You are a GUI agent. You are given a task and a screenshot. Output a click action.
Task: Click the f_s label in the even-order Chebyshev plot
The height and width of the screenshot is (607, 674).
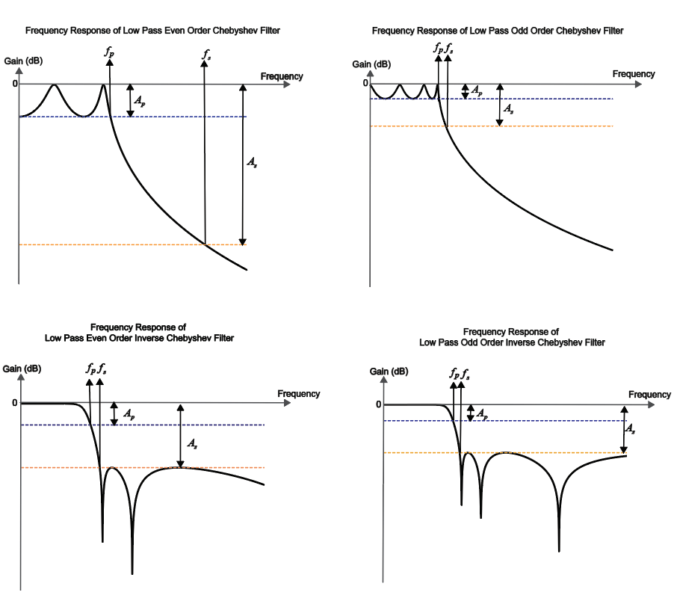tap(206, 54)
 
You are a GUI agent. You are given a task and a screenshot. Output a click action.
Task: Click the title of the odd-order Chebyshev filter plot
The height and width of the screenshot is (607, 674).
tap(497, 31)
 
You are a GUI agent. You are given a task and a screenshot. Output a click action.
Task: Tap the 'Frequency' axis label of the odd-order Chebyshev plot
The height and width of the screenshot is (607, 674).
tap(634, 74)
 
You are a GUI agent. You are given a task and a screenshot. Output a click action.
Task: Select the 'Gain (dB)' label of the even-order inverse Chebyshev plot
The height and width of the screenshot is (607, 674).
tap(22, 369)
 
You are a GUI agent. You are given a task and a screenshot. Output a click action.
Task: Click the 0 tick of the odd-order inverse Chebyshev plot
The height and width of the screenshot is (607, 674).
tap(378, 404)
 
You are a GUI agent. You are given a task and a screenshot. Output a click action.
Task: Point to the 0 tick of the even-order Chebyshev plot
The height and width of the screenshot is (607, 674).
tap(14, 84)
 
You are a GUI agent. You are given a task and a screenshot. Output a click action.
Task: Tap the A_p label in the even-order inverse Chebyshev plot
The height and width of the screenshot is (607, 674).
tap(129, 413)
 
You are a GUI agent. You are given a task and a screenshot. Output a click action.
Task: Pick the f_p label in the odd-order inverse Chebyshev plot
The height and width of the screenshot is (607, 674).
tap(454, 372)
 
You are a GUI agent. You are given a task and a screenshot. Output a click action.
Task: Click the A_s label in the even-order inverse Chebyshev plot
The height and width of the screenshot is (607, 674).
tap(191, 443)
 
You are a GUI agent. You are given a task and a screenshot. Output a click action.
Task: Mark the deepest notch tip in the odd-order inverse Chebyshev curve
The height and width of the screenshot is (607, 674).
tap(559, 551)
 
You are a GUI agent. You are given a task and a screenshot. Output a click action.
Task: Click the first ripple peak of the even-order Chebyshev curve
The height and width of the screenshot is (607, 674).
tap(53, 85)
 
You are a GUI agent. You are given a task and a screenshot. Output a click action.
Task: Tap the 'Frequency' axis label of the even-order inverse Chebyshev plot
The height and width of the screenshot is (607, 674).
tap(299, 393)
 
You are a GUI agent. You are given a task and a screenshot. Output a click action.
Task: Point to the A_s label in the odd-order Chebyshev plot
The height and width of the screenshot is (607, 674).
tap(508, 108)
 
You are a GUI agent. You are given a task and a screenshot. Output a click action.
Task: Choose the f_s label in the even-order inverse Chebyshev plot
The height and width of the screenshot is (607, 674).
tap(102, 368)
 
